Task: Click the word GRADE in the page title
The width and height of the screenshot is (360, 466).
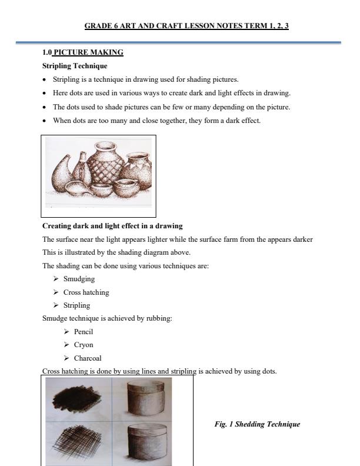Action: coord(98,26)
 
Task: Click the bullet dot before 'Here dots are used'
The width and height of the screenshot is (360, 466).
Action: coord(45,94)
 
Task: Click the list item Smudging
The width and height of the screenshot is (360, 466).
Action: coord(79,279)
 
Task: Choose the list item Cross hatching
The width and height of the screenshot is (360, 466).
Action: coord(86,292)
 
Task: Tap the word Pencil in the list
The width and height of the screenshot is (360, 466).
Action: coord(84,332)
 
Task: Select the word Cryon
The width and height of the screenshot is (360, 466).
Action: coord(84,345)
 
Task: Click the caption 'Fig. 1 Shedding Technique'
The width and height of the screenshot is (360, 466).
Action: coord(257,424)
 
